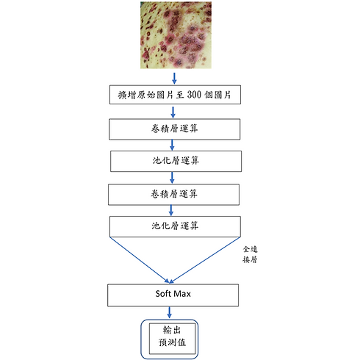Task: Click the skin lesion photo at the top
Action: [x=176, y=35]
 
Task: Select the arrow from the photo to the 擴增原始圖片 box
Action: [x=174, y=78]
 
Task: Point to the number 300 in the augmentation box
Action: [x=194, y=95]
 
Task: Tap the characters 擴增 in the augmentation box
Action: [x=127, y=95]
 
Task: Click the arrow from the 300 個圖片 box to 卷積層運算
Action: [x=173, y=112]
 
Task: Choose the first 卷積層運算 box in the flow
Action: [x=175, y=129]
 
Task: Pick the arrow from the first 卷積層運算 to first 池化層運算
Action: [x=172, y=145]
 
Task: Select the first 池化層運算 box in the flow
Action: [x=176, y=161]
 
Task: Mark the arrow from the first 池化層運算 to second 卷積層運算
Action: [x=172, y=177]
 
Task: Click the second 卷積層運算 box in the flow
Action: [x=173, y=195]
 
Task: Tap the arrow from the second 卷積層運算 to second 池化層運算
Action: [x=171, y=210]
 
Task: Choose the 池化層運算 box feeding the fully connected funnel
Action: [x=175, y=226]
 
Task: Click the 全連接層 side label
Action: [x=250, y=254]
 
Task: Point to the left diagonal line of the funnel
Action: [x=139, y=260]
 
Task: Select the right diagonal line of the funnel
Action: [x=205, y=260]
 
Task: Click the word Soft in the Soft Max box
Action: [x=163, y=294]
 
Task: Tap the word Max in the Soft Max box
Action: [x=181, y=294]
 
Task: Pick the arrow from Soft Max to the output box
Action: [x=169, y=312]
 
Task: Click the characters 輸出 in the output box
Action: [x=172, y=330]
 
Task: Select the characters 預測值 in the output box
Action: [x=172, y=342]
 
